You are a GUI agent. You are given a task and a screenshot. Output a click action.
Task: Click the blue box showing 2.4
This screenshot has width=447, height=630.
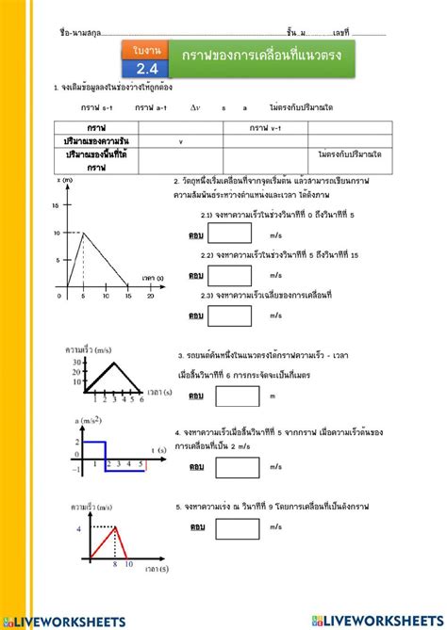(x=147, y=68)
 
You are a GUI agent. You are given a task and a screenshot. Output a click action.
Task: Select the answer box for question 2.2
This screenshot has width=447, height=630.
(x=235, y=275)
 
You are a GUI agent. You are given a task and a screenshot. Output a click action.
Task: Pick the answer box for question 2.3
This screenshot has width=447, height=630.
(x=235, y=315)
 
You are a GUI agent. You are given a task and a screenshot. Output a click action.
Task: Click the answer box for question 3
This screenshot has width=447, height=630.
(x=235, y=396)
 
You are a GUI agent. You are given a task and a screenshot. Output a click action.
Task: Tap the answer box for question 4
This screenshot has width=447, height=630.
(x=235, y=466)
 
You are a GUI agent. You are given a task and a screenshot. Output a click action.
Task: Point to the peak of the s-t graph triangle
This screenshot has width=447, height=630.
(x=83, y=233)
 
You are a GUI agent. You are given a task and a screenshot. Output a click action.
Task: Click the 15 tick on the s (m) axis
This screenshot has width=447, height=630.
(x=55, y=203)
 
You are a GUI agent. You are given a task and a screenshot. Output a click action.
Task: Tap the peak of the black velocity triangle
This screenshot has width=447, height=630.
(x=115, y=363)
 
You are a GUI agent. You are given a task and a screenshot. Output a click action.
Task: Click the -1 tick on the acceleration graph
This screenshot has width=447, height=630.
(x=76, y=466)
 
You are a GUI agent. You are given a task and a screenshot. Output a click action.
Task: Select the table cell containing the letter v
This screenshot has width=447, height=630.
(x=180, y=141)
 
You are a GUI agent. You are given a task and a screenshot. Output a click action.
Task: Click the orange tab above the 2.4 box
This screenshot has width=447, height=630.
(x=147, y=48)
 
